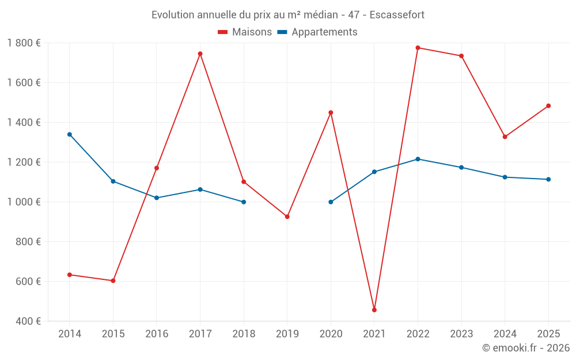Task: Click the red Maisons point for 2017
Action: pos(200,54)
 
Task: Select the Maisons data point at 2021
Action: pos(374,310)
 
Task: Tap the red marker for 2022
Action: pos(418,48)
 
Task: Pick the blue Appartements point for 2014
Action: pos(70,134)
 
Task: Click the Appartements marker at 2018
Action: pos(244,202)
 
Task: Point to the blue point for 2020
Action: pos(331,202)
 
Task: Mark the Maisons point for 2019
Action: pos(287,217)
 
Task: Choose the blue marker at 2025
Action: pos(548,179)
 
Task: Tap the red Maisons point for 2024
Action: pos(505,137)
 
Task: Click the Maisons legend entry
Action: pos(245,32)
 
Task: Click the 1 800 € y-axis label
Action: pos(24,43)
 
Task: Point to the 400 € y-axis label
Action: pos(27,321)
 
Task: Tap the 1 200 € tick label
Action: pos(24,162)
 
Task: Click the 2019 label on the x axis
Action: pos(287,334)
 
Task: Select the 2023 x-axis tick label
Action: pos(461,334)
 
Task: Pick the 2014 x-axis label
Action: pos(70,334)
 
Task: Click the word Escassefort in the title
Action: pos(397,15)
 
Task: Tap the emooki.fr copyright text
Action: pos(526,348)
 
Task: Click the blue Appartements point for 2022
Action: pos(418,159)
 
